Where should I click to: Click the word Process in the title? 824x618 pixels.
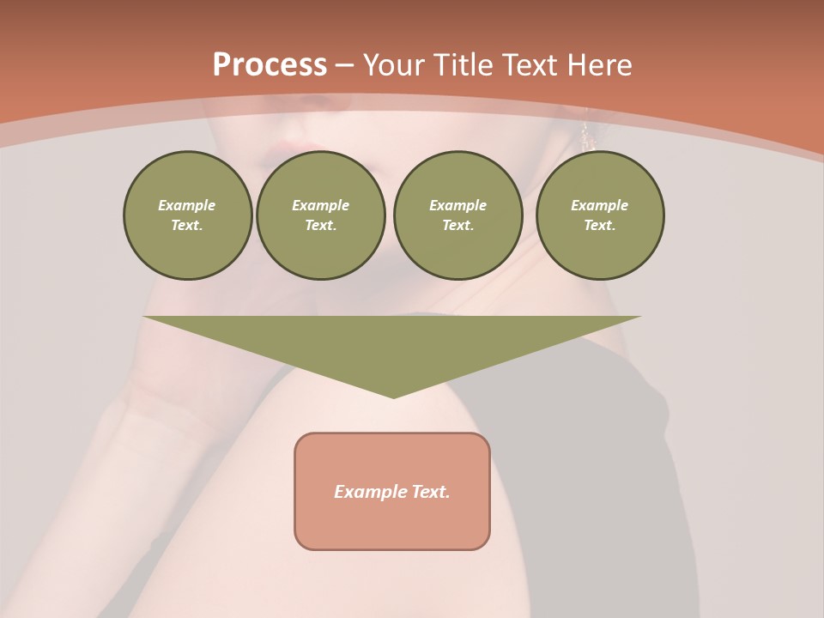tap(270, 65)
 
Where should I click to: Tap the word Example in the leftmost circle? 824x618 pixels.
tap(187, 205)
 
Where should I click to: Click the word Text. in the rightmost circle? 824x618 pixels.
tap(599, 225)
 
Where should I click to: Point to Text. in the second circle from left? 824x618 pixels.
tap(320, 225)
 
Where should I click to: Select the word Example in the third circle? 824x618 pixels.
tap(457, 205)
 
